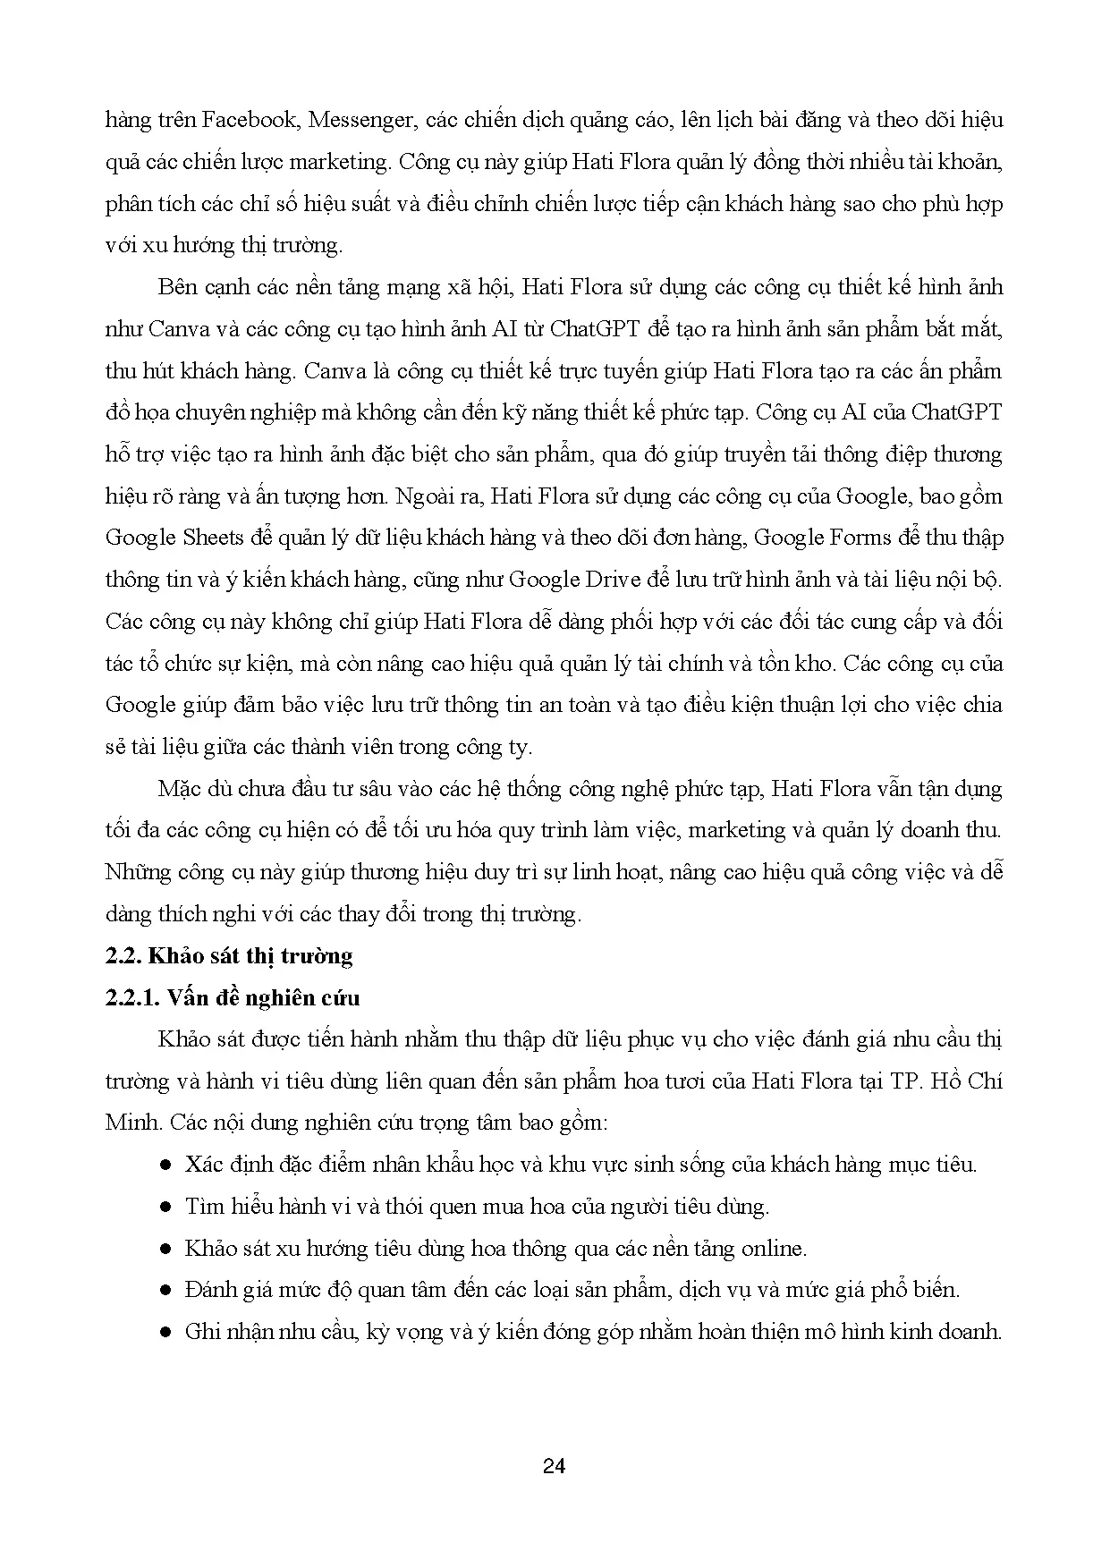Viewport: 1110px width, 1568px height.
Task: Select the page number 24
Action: tap(555, 1466)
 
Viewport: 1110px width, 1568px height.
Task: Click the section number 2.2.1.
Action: tap(131, 998)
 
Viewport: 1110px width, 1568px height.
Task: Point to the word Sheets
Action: tap(213, 538)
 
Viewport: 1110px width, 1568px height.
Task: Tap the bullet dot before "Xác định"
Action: tap(165, 1165)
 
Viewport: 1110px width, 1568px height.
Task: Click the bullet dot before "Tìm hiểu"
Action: tap(165, 1208)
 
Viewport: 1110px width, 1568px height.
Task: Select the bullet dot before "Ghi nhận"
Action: tap(165, 1333)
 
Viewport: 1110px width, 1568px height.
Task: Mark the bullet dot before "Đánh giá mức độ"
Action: tap(165, 1291)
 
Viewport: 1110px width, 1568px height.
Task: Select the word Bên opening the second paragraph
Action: tap(177, 287)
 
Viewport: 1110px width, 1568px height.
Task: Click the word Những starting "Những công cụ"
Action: tap(137, 872)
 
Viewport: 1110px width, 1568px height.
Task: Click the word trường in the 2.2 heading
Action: tap(317, 956)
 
